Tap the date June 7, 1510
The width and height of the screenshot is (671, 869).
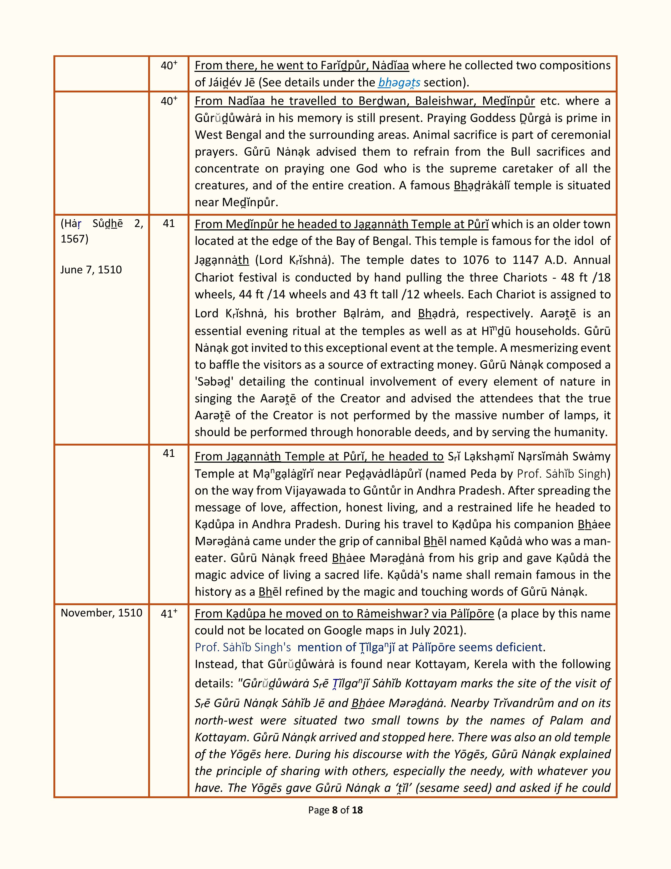(91, 270)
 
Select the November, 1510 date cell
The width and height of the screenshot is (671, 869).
(101, 613)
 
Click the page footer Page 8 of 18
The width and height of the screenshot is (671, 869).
(335, 810)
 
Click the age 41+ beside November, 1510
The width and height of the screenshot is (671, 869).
(169, 614)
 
